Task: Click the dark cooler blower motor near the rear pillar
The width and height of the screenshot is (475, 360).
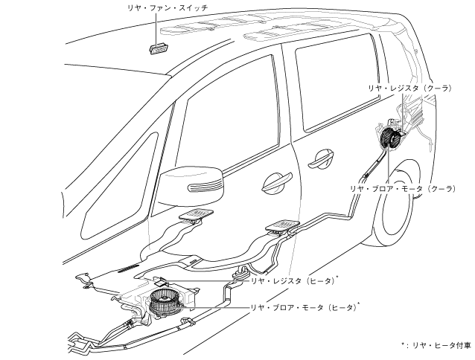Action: pos(391,139)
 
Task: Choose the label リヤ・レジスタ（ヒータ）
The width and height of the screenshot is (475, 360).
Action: pos(291,281)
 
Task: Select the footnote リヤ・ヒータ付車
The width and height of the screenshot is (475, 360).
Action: pos(439,346)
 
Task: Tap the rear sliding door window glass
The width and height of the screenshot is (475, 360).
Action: pos(328,89)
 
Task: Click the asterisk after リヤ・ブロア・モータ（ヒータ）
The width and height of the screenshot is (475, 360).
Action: pos(360,303)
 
